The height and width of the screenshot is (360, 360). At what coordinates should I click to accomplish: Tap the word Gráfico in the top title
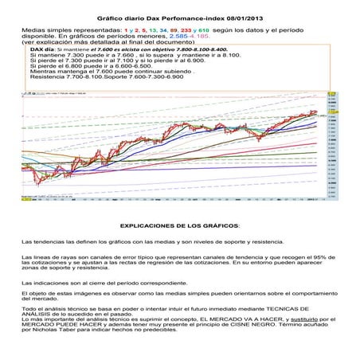109,16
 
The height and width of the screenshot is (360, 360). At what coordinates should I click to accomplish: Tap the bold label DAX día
42,49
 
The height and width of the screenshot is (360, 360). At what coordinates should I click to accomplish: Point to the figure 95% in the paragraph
317,256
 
